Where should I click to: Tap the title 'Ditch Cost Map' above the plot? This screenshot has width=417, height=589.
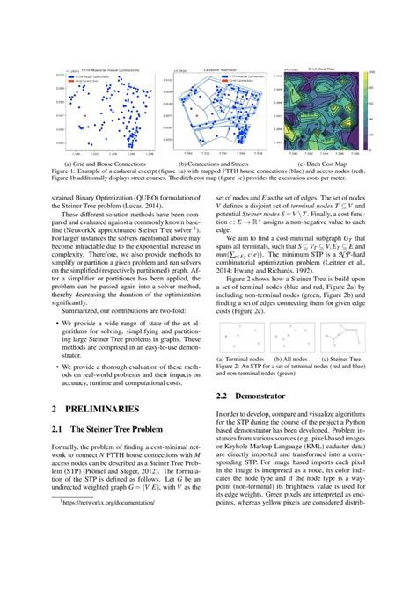point(318,66)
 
